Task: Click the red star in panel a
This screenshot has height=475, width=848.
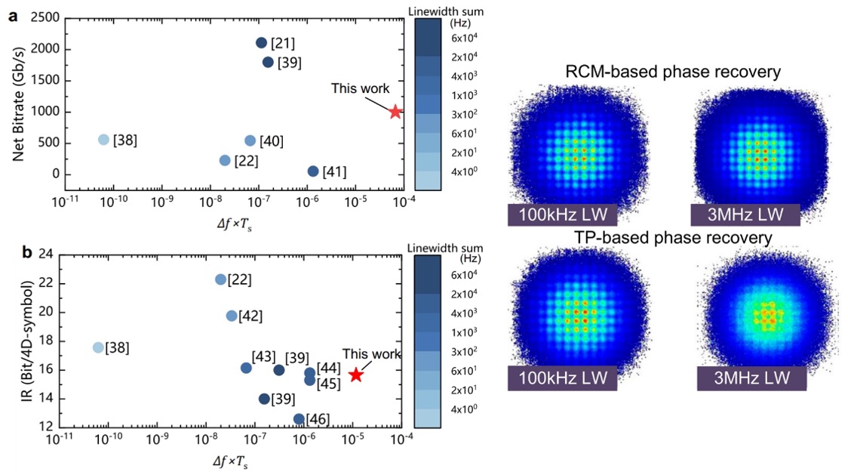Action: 395,112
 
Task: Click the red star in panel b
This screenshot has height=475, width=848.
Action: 356,375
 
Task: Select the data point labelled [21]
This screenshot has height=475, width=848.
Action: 262,43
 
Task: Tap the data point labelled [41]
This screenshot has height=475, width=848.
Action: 313,171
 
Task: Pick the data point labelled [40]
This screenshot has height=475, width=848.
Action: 250,140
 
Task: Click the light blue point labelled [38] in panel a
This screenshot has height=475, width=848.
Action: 104,140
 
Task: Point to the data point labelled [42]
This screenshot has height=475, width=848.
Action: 232,316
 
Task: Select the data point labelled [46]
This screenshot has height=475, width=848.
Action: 299,418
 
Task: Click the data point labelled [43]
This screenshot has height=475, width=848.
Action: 246,368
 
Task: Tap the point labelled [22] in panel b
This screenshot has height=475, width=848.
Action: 220,279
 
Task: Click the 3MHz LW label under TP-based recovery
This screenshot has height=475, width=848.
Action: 751,378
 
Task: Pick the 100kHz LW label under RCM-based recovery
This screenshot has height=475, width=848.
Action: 563,214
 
